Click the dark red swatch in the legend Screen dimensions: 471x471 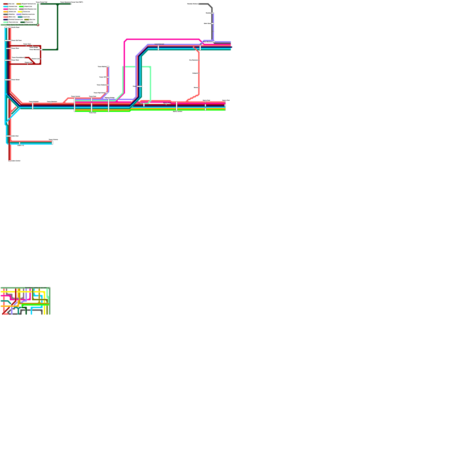click(x=6, y=4)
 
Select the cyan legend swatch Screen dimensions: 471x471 click(x=6, y=6)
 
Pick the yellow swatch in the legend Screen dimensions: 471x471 click(x=20, y=12)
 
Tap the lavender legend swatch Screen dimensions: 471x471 click(x=19, y=14)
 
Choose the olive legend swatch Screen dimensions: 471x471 click(x=26, y=20)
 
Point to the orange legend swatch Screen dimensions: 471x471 click(x=6, y=12)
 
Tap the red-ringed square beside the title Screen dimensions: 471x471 click(x=38, y=25)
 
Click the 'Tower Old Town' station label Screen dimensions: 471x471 click(x=16, y=40)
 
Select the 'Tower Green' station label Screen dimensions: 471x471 click(x=16, y=80)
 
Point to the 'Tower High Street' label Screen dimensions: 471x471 click(x=99, y=93)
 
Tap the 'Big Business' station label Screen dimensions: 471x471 click(x=193, y=60)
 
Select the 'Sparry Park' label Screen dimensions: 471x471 click(x=226, y=100)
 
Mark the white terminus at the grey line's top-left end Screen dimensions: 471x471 click(x=199, y=4)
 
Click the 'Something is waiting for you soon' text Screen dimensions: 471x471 click(x=36, y=288)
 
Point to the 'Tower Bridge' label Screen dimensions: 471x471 click(x=34, y=47)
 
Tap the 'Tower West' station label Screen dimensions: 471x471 click(x=15, y=60)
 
